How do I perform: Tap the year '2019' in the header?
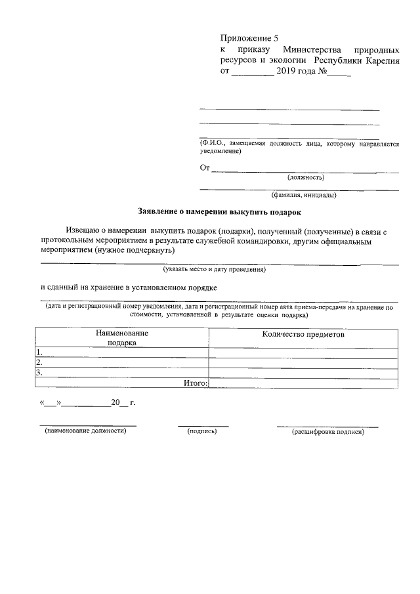287,71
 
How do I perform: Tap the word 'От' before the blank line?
205,168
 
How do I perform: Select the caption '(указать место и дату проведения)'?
215,269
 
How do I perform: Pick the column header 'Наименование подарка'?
121,337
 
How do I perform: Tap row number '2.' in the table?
40,362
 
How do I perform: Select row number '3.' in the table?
40,372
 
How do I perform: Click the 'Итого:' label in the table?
195,383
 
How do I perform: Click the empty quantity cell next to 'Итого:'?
303,383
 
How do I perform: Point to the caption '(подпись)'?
202,432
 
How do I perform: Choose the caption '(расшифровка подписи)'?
327,433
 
